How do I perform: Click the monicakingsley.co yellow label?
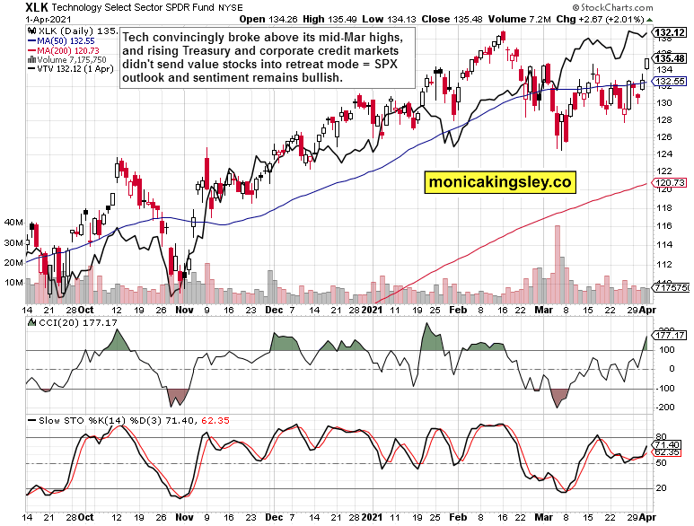click(501, 182)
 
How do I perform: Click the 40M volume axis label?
click(13, 222)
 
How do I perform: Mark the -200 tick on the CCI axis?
click(665, 408)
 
